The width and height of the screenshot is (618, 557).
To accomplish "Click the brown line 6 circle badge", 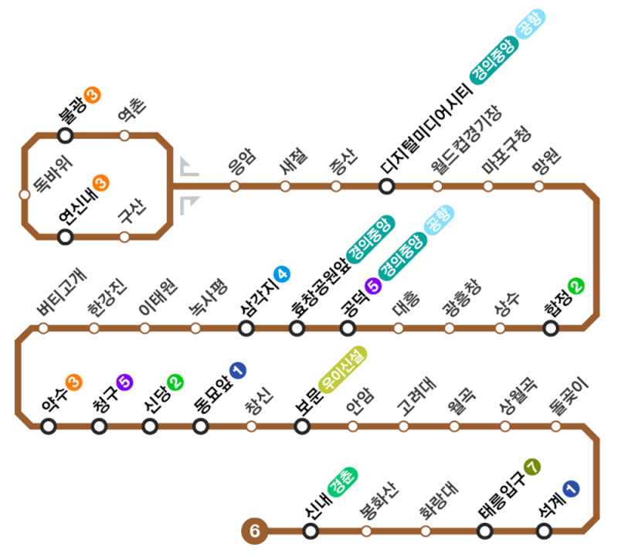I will (254, 531).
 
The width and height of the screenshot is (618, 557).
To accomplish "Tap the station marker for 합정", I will (551, 328).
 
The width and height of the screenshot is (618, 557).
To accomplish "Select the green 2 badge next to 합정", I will (576, 286).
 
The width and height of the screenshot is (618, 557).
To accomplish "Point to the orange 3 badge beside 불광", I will (92, 96).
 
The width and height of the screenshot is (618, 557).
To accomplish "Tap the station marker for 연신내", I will (66, 236).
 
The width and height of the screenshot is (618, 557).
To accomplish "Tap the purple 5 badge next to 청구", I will (124, 381).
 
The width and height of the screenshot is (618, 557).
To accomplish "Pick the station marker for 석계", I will (544, 531).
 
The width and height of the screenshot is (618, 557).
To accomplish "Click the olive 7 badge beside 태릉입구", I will (531, 467).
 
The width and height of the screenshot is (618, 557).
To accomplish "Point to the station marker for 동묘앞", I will (201, 426).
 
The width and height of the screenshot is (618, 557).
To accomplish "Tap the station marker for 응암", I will (235, 186).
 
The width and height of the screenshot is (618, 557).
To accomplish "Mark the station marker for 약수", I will (49, 426).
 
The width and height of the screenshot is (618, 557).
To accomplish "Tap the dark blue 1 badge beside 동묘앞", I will (237, 371).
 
